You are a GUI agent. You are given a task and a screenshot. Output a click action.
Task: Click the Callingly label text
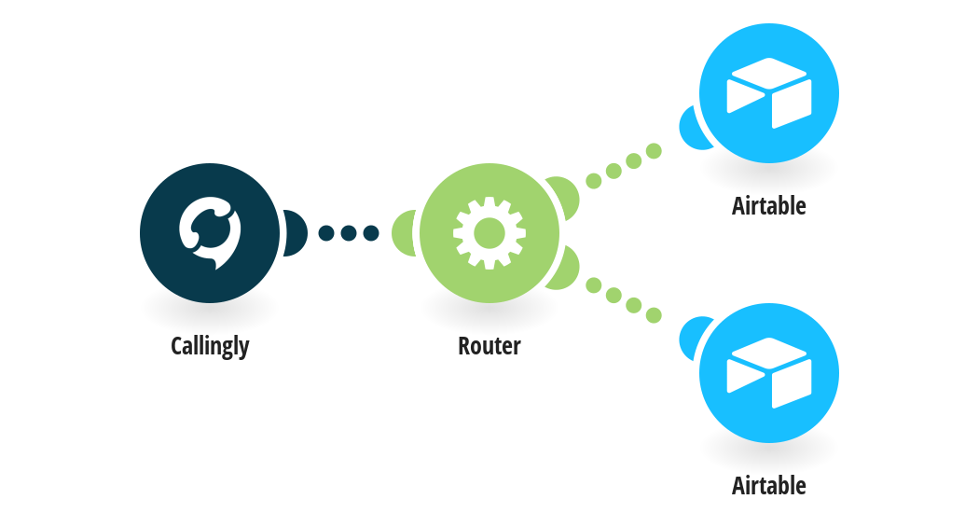tap(210, 346)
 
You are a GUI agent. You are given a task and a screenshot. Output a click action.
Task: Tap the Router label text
tap(489, 345)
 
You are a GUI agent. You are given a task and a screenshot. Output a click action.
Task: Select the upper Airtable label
tap(768, 205)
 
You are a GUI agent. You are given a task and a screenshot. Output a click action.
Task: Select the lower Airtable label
tap(768, 486)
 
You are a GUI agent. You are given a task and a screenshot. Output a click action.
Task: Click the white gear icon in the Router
tap(489, 233)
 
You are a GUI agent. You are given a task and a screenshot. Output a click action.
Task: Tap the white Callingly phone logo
tap(210, 233)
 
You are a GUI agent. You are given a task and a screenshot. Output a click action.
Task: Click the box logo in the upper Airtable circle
tap(768, 93)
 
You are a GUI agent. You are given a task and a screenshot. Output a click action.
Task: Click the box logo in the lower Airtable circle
tap(768, 373)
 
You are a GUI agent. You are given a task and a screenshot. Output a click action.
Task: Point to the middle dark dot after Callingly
tap(349, 233)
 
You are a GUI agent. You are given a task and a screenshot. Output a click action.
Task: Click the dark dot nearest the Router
tap(371, 233)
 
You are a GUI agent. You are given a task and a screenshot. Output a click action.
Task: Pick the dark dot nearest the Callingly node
tap(326, 233)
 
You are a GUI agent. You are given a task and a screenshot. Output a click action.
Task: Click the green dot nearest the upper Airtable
tap(654, 150)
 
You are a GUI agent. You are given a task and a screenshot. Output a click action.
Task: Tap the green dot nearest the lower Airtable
tap(654, 315)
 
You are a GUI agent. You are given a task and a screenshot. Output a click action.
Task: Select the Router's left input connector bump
tap(404, 233)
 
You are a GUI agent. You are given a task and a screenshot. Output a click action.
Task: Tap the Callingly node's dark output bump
tap(295, 233)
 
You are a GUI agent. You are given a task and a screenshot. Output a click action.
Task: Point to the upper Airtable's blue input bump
tap(692, 129)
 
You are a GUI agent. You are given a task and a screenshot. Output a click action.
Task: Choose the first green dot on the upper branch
tap(594, 181)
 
